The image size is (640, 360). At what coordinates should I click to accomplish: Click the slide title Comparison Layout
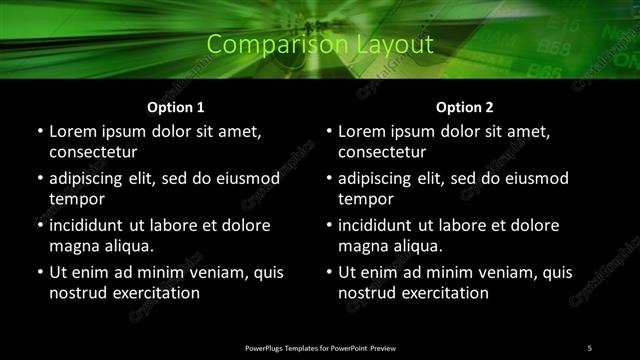320,44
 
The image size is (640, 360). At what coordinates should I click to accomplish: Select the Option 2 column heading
465,107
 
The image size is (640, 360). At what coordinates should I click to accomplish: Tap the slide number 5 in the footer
589,347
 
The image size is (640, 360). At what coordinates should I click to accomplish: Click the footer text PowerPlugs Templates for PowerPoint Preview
320,347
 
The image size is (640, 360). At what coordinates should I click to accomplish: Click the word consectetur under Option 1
93,152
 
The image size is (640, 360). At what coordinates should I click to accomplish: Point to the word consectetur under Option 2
383,152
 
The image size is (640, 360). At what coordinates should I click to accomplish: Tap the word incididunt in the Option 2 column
387,226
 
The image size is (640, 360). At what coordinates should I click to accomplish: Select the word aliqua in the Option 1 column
127,246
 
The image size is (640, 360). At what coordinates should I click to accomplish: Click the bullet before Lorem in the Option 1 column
39,132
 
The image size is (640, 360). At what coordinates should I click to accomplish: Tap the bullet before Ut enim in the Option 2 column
329,273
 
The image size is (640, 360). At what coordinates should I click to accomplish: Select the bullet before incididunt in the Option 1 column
39,226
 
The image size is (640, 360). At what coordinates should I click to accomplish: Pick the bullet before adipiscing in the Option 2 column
329,179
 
